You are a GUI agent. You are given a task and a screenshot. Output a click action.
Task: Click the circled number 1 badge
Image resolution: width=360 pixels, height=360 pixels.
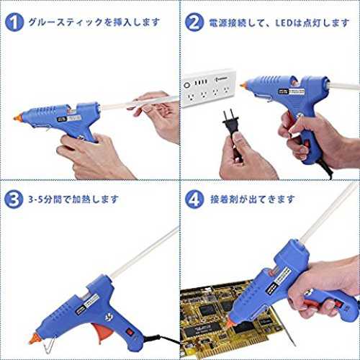click(14, 22)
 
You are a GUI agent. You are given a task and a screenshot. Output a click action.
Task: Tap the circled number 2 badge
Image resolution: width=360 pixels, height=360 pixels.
click(194, 22)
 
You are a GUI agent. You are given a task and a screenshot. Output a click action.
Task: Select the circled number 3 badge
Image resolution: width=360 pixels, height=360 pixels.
click(14, 199)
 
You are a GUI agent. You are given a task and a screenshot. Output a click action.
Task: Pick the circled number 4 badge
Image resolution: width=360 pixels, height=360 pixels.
click(194, 199)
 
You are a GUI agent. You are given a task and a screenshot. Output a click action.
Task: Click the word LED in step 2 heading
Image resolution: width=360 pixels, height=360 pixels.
click(284, 23)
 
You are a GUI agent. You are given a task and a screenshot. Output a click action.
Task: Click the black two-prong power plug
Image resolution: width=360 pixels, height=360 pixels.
click(230, 124)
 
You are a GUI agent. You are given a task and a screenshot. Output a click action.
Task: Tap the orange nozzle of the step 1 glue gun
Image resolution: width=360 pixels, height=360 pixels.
click(18, 117)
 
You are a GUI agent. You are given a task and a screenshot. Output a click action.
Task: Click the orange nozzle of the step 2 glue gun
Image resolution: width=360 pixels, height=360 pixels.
click(243, 84)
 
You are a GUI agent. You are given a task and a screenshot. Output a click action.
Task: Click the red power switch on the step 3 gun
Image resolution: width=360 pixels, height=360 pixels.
click(130, 332)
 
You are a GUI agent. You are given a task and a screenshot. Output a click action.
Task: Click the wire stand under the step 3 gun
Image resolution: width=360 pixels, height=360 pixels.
click(49, 344)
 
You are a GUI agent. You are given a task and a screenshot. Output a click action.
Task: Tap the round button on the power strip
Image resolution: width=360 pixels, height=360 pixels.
click(187, 85)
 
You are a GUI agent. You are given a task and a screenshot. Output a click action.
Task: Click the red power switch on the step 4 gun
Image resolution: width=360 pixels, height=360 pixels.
click(338, 305)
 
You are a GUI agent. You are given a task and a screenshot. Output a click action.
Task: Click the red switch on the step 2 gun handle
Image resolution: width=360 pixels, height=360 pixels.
click(306, 143)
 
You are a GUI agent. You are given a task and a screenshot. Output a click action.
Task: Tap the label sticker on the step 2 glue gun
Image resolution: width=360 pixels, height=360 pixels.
click(292, 91)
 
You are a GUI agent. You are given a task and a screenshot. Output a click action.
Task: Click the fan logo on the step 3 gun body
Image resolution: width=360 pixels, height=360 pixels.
click(109, 318)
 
